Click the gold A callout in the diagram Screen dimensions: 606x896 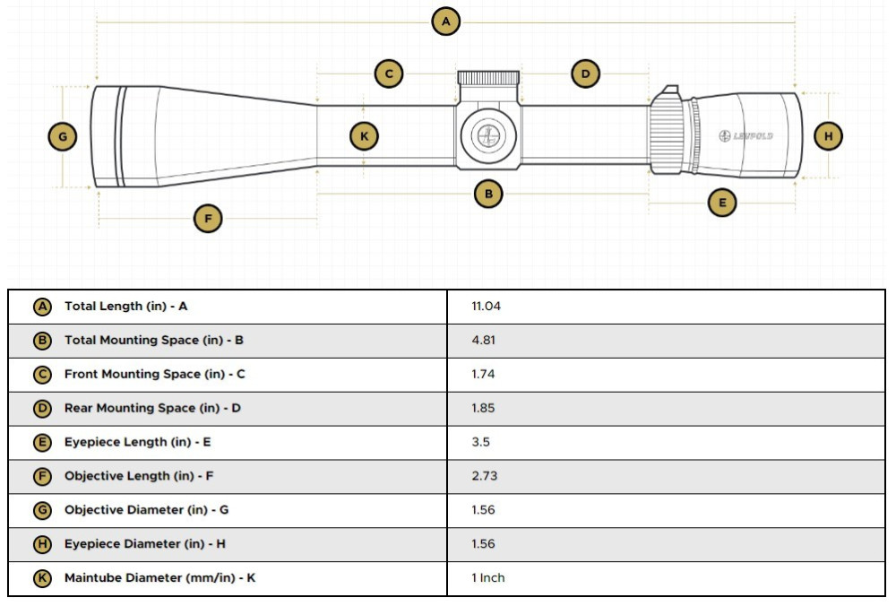(x=445, y=22)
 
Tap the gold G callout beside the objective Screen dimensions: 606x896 (x=62, y=137)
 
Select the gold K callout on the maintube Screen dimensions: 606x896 (x=364, y=137)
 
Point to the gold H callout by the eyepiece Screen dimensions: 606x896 (x=829, y=137)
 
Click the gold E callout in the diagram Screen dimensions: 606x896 (x=722, y=203)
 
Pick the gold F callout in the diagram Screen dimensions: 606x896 (x=208, y=218)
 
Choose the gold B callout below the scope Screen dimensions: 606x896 (x=488, y=194)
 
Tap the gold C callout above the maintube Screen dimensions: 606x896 (x=388, y=74)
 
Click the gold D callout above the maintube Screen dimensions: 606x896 (x=585, y=74)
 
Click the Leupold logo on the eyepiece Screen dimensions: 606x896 (x=745, y=136)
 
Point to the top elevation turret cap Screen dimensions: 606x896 (x=488, y=78)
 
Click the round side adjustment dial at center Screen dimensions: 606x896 (x=488, y=135)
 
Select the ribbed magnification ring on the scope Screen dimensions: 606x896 (x=667, y=134)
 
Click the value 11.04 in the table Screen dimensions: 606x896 (x=486, y=307)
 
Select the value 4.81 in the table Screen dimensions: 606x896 (x=483, y=341)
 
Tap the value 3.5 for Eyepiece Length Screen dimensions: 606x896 (x=480, y=442)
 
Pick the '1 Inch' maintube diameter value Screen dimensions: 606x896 (x=488, y=578)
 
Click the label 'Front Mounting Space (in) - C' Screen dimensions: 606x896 (x=154, y=375)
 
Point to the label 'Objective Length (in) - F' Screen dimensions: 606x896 (x=139, y=476)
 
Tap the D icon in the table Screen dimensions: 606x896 (x=42, y=409)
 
